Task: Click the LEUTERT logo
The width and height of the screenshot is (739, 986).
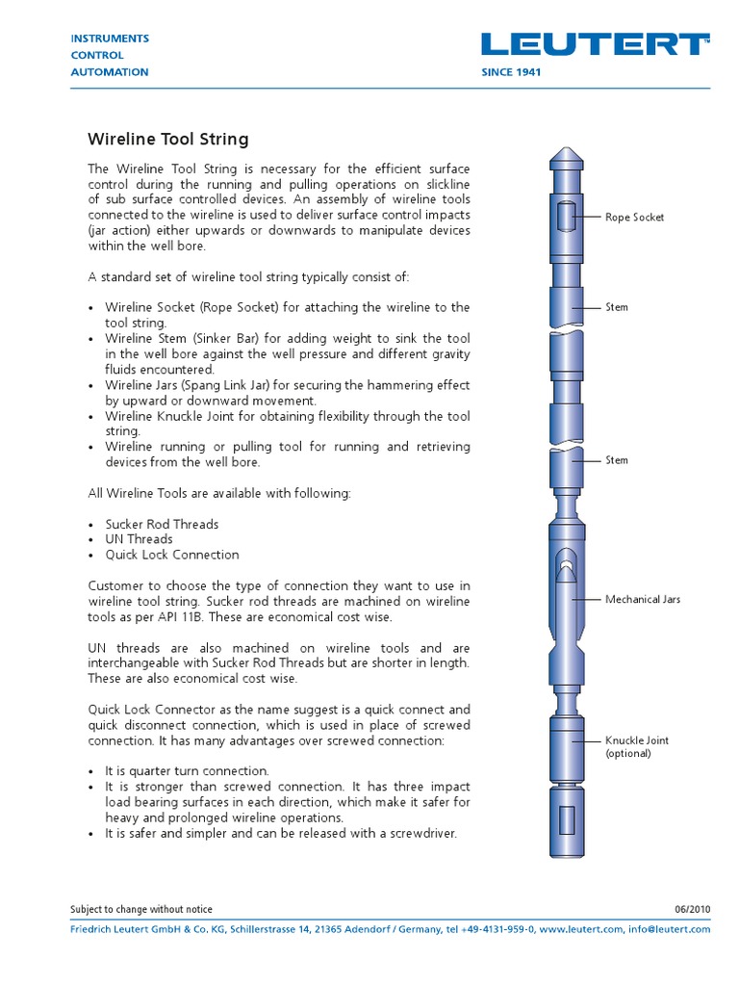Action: (x=596, y=45)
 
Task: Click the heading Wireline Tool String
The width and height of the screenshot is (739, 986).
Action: (x=168, y=140)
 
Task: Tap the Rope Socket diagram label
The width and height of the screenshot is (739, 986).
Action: (x=634, y=218)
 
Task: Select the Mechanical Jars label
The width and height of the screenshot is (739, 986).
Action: (x=642, y=599)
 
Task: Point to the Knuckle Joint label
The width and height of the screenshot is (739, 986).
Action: (x=636, y=740)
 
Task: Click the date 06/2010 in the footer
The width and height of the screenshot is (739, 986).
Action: (x=693, y=910)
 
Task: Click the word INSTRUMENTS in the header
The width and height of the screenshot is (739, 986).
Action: (x=111, y=39)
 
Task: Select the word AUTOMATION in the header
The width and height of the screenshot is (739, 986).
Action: (x=111, y=72)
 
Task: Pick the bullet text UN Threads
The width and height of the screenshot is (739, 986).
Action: (x=139, y=539)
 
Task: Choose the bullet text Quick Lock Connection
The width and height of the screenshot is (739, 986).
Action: (x=172, y=555)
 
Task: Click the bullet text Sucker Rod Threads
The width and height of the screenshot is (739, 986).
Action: (x=162, y=524)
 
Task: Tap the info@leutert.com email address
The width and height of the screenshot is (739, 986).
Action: (x=669, y=929)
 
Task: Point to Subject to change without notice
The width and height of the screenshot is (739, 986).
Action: (x=141, y=910)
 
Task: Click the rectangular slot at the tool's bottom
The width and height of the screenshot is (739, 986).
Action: (x=567, y=819)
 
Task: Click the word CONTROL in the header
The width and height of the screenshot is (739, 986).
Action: (x=96, y=55)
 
